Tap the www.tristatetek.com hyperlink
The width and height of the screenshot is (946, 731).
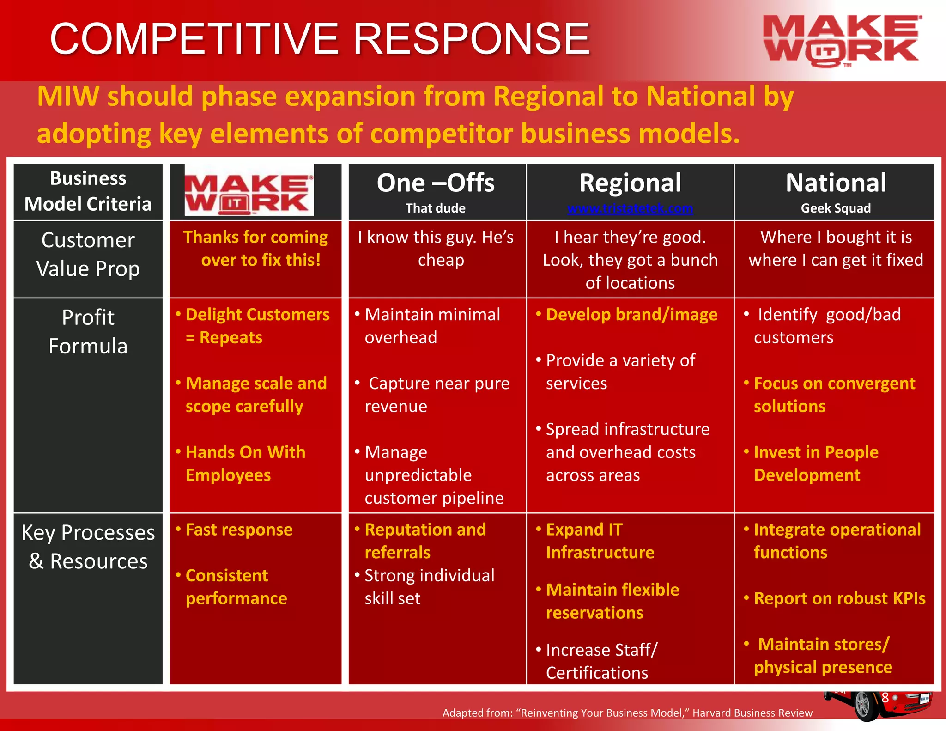[x=630, y=208]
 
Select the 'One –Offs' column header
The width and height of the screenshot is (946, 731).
[x=436, y=183]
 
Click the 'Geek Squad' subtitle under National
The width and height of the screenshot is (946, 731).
[x=836, y=208]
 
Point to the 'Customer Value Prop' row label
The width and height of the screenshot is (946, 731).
[x=88, y=254]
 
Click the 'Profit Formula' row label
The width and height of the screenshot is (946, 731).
[x=88, y=332]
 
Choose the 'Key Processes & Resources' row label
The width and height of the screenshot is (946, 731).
[x=88, y=547]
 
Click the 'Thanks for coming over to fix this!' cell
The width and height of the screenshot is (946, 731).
[x=256, y=249]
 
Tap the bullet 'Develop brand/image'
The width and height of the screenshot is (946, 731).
[x=631, y=315]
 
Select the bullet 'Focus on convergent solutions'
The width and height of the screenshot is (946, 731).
[x=834, y=395]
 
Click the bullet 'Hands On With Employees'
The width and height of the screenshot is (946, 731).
[x=245, y=463]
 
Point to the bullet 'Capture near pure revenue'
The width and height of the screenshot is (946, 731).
[x=437, y=395]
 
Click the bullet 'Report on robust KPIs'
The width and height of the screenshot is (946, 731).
[x=839, y=598]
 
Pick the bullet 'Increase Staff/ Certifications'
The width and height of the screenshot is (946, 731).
[x=600, y=661]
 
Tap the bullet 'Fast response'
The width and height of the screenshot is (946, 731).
[x=239, y=530]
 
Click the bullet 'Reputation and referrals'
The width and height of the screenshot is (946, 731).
[x=425, y=541]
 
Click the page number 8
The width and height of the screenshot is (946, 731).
[x=885, y=698]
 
